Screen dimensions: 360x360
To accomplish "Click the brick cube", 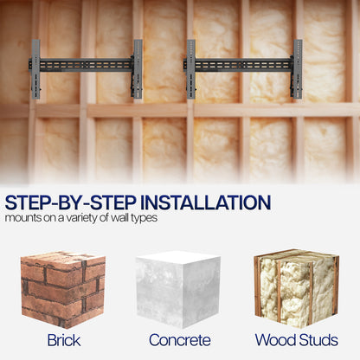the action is [x=63, y=289].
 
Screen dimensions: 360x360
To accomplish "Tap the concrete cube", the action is [x=178, y=289].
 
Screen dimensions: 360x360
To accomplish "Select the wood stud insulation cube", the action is [x=296, y=288].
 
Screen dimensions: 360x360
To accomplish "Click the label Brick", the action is [x=64, y=340].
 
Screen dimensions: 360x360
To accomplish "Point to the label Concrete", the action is [x=180, y=340].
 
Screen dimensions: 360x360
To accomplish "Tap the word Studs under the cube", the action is [x=318, y=340].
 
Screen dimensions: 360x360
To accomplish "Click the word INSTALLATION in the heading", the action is [x=205, y=202].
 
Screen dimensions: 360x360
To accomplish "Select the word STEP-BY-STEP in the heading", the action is [x=71, y=202].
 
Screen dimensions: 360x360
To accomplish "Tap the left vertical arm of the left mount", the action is [x=35, y=69].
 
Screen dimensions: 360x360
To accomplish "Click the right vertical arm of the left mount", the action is [x=138, y=69].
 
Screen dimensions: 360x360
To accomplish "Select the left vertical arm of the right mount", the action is [x=191, y=69].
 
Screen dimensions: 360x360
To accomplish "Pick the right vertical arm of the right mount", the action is [x=298, y=69].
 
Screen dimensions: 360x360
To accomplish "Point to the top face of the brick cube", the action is [x=63, y=258].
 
